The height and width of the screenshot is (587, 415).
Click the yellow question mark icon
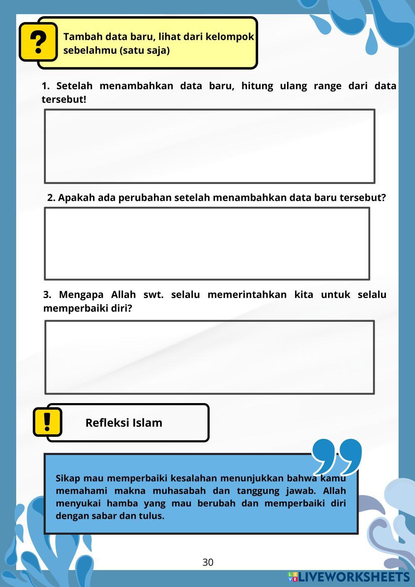click(x=38, y=42)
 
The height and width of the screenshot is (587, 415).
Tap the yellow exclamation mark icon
click(x=47, y=422)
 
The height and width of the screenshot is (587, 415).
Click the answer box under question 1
click(x=210, y=146)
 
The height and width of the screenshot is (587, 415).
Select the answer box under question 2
click(x=207, y=244)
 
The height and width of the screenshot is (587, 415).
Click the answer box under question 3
click(x=210, y=357)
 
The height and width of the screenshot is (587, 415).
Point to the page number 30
click(x=208, y=563)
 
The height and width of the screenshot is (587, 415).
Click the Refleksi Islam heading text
click(x=124, y=423)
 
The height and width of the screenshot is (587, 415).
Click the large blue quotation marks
click(x=337, y=456)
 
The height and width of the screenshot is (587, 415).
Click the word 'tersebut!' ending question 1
click(x=63, y=100)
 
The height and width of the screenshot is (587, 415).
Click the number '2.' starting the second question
click(x=51, y=198)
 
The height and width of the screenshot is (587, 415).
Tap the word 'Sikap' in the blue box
click(x=68, y=478)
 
